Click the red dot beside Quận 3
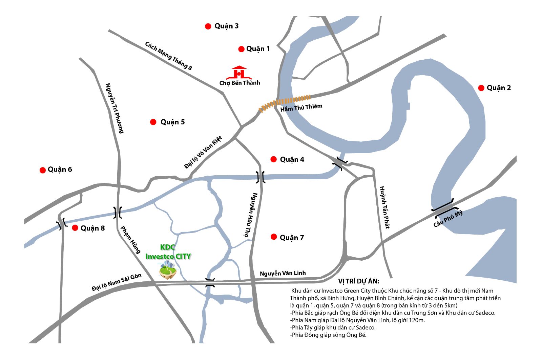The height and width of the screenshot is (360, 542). [208, 26]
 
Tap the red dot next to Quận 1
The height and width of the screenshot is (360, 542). [241, 49]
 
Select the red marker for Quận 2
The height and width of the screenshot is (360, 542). [481, 88]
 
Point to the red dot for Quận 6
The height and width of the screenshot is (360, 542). [43, 170]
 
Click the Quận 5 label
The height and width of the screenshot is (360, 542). [172, 122]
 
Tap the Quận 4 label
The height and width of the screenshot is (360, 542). [292, 160]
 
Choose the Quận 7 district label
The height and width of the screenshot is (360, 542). [292, 238]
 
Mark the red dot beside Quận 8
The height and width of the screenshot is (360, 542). [75, 228]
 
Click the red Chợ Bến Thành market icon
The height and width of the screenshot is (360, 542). [239, 73]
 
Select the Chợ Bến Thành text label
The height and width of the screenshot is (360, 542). [239, 83]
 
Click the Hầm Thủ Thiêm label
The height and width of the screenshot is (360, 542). [301, 108]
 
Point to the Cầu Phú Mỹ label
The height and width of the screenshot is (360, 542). [448, 219]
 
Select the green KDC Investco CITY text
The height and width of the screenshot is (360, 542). [168, 252]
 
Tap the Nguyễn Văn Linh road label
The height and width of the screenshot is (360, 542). [283, 273]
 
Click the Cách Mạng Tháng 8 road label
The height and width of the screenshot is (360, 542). [168, 56]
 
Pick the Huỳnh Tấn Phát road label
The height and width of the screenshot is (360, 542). [384, 207]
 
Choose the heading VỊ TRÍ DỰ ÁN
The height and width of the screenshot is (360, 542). [359, 281]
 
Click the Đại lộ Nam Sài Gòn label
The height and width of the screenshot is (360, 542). [116, 282]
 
